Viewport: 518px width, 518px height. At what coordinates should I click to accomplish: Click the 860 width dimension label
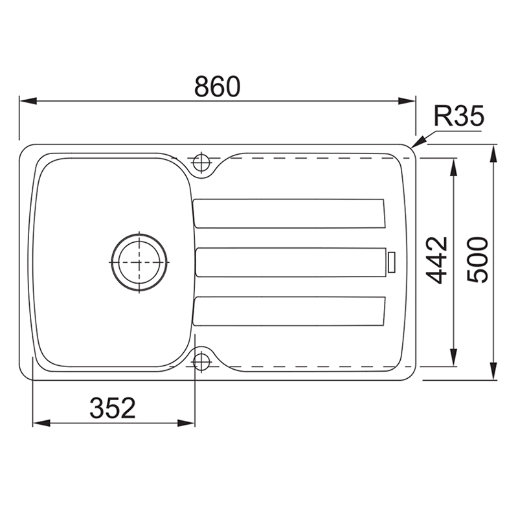tap(217, 87)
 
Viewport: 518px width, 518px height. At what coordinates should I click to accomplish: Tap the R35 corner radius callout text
tap(459, 116)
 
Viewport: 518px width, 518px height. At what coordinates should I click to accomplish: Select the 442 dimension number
tap(436, 260)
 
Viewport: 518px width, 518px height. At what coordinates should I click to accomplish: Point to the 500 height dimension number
tap(477, 260)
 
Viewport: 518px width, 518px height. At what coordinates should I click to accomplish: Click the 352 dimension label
tap(113, 408)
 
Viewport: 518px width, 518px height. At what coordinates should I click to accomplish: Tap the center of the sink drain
tap(139, 262)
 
